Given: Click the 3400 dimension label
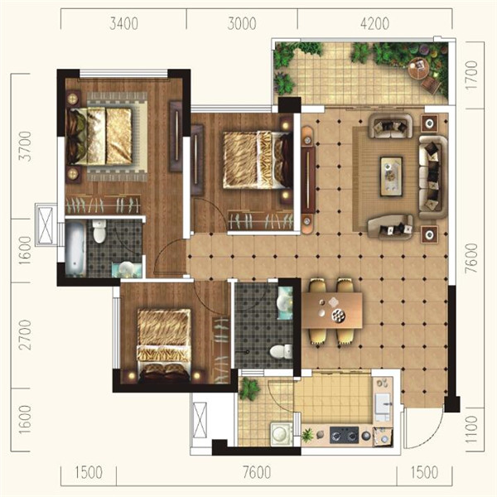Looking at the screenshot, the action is click(123, 24).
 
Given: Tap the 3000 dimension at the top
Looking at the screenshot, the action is click(242, 24).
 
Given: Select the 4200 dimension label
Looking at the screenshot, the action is click(374, 24).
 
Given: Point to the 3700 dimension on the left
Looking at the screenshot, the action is click(25, 147).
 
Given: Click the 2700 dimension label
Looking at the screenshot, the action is click(25, 335).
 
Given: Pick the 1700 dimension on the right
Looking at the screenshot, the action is click(471, 75).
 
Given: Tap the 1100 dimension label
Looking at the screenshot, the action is click(471, 429).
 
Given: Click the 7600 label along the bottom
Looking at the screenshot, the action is click(257, 473).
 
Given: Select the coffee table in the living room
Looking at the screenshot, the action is click(392, 176).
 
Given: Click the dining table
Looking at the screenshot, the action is click(332, 311).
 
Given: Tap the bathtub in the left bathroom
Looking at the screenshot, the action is click(75, 248).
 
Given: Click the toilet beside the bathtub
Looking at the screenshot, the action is click(99, 232).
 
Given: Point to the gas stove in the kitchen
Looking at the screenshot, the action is click(345, 435).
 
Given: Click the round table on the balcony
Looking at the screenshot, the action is click(418, 69).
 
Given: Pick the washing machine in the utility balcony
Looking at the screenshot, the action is click(282, 434).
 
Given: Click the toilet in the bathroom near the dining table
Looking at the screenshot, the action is click(281, 351).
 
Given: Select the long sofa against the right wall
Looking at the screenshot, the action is click(433, 177).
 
